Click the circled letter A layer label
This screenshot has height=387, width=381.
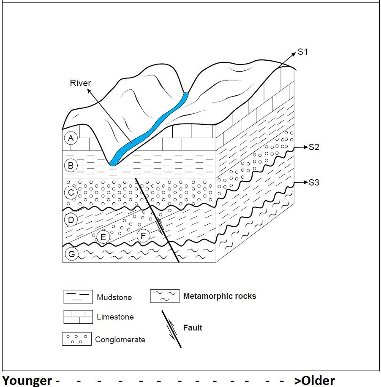[71, 138]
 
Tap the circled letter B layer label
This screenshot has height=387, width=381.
[71, 166]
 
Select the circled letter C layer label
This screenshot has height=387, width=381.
[71, 193]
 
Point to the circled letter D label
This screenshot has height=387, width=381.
[71, 220]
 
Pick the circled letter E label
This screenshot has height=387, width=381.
[103, 237]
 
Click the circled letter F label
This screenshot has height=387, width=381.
[143, 236]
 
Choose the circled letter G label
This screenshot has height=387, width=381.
[71, 254]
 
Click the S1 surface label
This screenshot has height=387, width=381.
[303, 52]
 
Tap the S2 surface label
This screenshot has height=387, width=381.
[314, 147]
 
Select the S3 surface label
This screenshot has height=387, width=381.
[314, 183]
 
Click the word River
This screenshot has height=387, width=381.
[80, 83]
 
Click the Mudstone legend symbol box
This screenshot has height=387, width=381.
[78, 297]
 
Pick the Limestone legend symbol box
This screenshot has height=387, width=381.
[78, 317]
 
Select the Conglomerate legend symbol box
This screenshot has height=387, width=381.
[76, 339]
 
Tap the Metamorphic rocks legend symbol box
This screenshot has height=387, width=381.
[164, 296]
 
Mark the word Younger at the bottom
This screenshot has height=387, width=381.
[27, 380]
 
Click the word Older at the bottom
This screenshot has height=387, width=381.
[314, 380]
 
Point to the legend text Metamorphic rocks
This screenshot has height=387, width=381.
[219, 296]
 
